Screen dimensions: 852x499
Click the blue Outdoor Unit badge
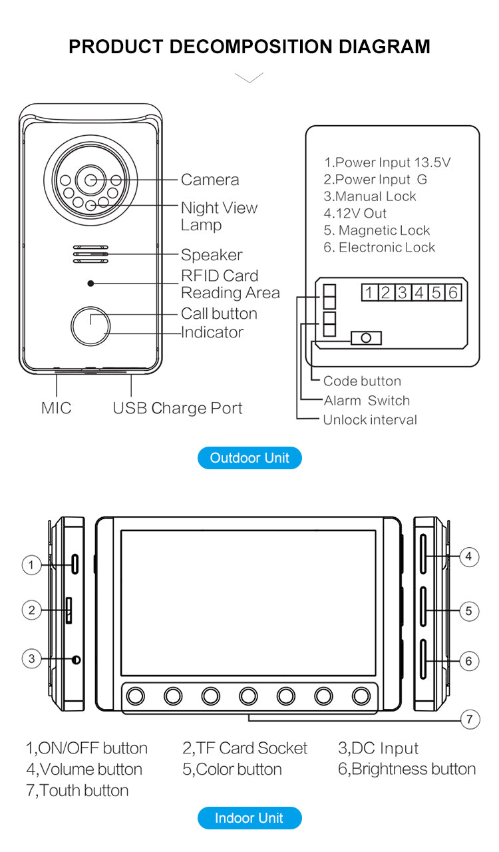tap(249, 458)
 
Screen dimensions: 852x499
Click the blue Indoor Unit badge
tap(249, 818)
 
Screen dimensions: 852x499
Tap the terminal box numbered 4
tap(419, 292)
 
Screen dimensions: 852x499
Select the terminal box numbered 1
tap(369, 292)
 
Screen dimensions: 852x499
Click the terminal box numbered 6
tap(453, 292)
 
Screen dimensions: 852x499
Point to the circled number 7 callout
tap(470, 719)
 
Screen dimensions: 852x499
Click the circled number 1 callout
tap(31, 565)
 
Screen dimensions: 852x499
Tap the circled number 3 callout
tap(31, 659)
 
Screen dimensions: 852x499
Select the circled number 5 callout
tap(469, 610)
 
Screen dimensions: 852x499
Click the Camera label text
tap(210, 180)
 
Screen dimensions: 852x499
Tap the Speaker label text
tap(212, 255)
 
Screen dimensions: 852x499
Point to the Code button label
tap(362, 381)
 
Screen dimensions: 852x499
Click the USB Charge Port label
tap(178, 409)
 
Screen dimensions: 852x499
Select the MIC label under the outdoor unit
tap(57, 409)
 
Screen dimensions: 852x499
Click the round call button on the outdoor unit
tap(90, 324)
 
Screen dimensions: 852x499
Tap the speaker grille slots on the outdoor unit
tap(90, 254)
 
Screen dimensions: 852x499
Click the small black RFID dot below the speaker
tap(90, 283)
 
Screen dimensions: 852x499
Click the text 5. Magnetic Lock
tap(377, 230)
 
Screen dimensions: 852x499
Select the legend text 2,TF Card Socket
tap(245, 748)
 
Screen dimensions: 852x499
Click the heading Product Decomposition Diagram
tap(249, 47)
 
